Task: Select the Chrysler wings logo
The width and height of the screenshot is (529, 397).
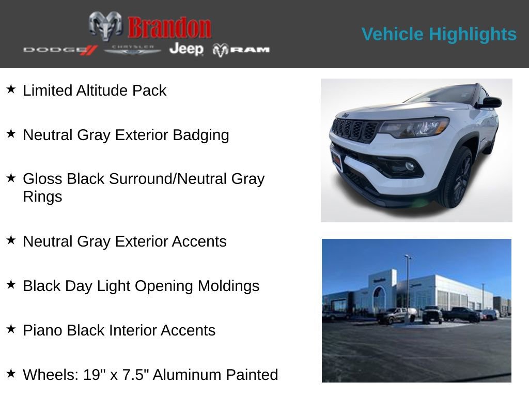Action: pos(133,50)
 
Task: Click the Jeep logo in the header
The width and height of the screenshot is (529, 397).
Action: pos(186,49)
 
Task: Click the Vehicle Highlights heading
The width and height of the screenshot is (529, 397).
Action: pos(439,34)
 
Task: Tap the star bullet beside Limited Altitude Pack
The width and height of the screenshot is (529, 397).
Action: pos(11,89)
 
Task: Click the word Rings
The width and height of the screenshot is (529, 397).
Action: pos(42,196)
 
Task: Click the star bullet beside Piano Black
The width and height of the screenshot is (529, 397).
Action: pos(11,329)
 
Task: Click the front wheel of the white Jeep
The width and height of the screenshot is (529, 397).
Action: pos(458,178)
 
